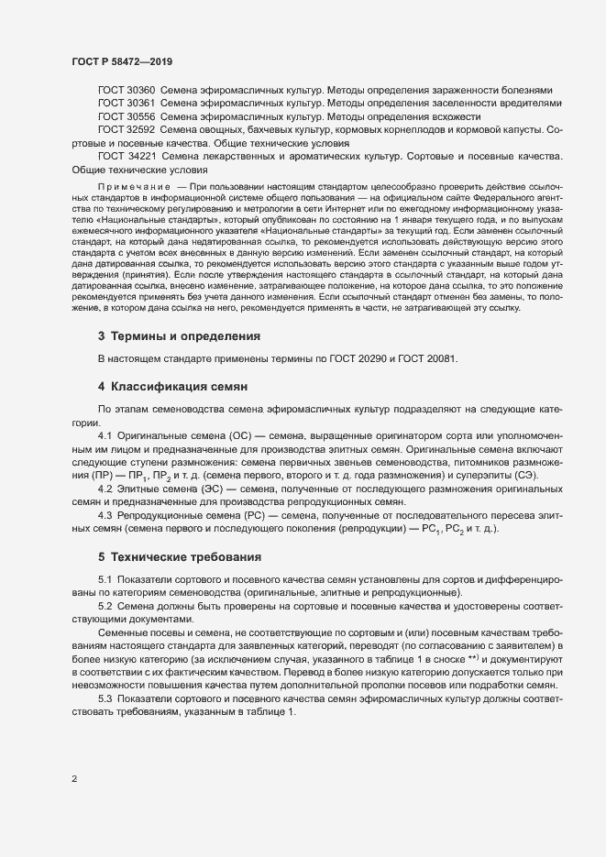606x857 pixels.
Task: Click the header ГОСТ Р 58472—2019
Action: (x=121, y=62)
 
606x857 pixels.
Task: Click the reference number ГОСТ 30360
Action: (x=126, y=91)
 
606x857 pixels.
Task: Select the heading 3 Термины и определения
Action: (x=179, y=336)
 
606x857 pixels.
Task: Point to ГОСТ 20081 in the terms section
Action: (x=427, y=358)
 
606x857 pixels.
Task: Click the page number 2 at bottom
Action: (x=74, y=780)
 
